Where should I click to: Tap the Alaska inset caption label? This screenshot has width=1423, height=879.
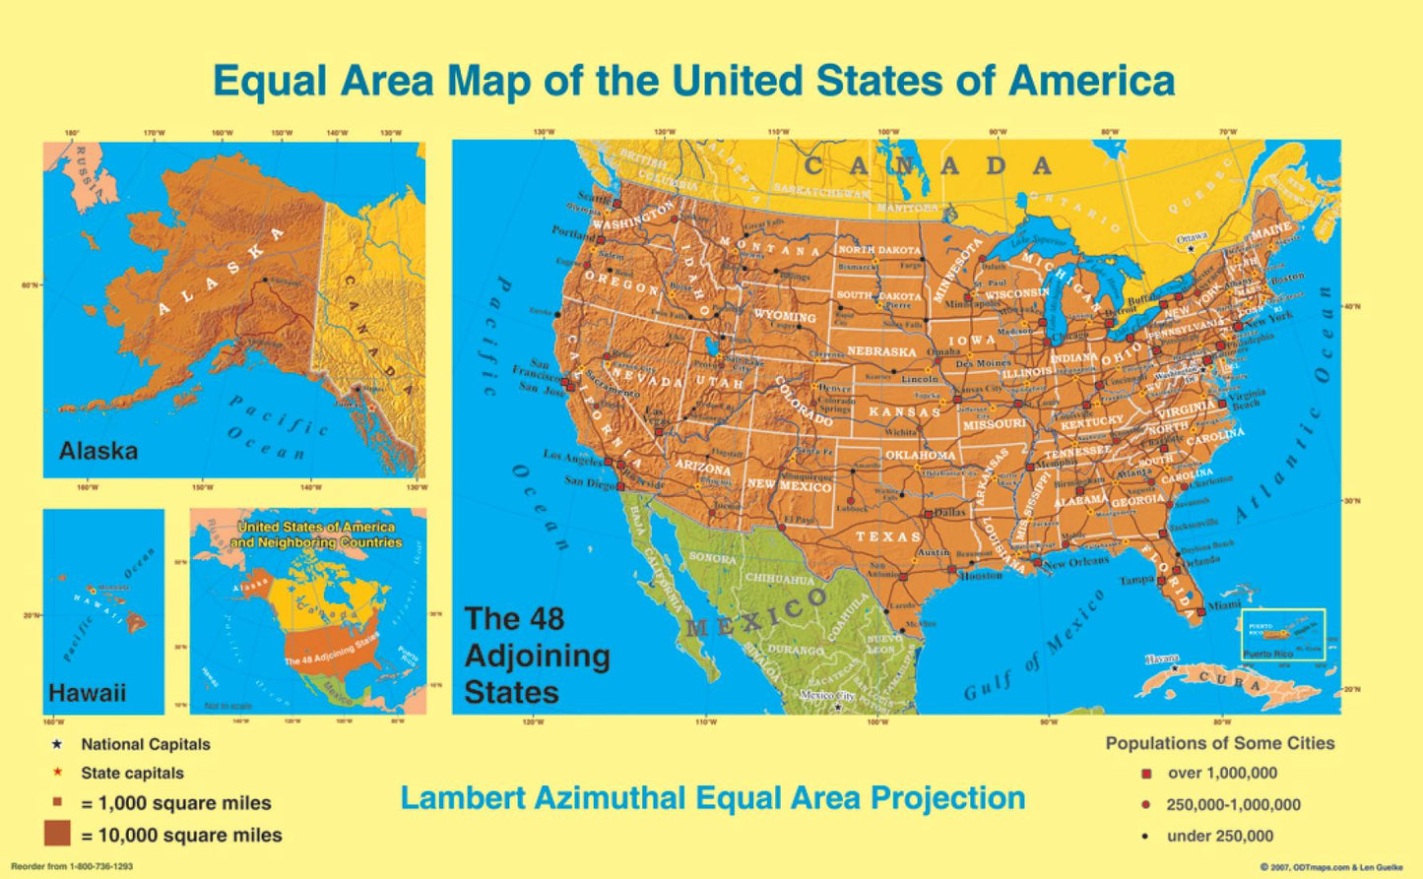97,452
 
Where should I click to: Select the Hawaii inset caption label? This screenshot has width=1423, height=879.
87,693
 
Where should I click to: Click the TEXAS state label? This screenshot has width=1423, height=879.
888,536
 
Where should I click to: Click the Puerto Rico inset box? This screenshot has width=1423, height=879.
1282,635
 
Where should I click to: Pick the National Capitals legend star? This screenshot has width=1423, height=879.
57,744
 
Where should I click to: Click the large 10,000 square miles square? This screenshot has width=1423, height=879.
57,834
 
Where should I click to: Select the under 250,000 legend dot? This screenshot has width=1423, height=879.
1145,837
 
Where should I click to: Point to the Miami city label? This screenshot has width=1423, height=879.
1224,605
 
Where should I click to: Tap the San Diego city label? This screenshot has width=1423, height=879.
590,482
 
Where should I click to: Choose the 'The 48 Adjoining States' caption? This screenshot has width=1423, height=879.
537,656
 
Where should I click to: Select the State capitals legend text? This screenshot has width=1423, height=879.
132,774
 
